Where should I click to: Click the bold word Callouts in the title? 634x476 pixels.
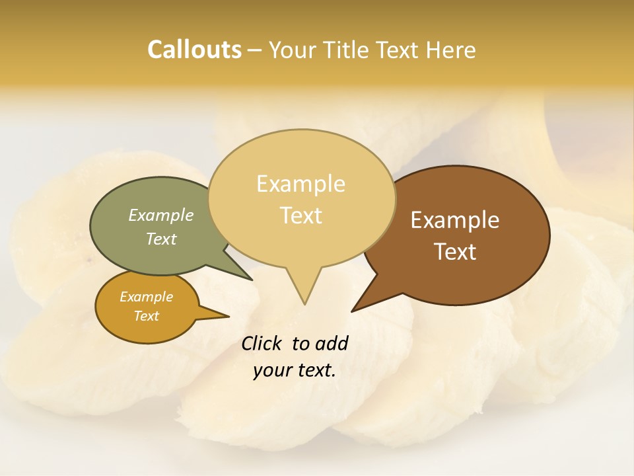[194, 50]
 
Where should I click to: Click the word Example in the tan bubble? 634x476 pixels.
[300, 184]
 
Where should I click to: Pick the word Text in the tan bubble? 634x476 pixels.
[300, 216]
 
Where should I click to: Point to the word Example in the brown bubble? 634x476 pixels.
[455, 220]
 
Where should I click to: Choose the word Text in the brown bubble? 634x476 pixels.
[455, 252]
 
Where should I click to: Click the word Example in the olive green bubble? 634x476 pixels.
[161, 216]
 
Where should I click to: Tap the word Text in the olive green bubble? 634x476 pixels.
[161, 239]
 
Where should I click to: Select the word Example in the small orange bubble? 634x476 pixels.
[146, 297]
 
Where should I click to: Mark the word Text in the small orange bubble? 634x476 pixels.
[146, 316]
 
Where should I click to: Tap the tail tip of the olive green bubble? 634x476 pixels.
[252, 279]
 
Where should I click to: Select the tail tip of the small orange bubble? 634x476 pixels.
[228, 317]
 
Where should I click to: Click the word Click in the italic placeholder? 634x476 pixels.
[262, 343]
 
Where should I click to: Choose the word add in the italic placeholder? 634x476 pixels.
[331, 343]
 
